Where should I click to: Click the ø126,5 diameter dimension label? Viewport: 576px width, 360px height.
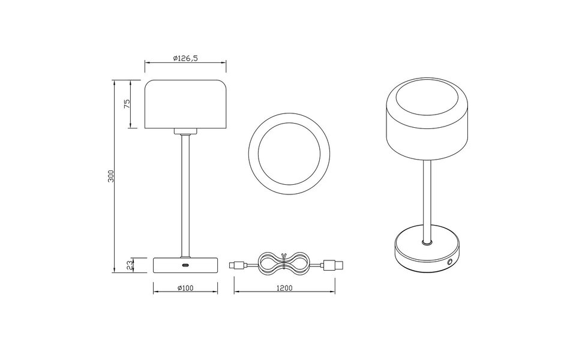(185, 58)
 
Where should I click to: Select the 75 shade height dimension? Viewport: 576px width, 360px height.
(127, 103)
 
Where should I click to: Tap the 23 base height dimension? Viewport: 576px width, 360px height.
(127, 264)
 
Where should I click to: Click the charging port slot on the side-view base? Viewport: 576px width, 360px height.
(185, 265)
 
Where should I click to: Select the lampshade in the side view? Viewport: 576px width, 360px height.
(185, 103)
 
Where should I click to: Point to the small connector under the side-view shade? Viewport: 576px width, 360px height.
(185, 131)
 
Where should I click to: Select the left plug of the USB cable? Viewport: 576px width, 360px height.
(239, 264)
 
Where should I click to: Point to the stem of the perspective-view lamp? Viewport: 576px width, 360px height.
(426, 198)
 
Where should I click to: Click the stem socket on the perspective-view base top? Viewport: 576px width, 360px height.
(426, 243)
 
